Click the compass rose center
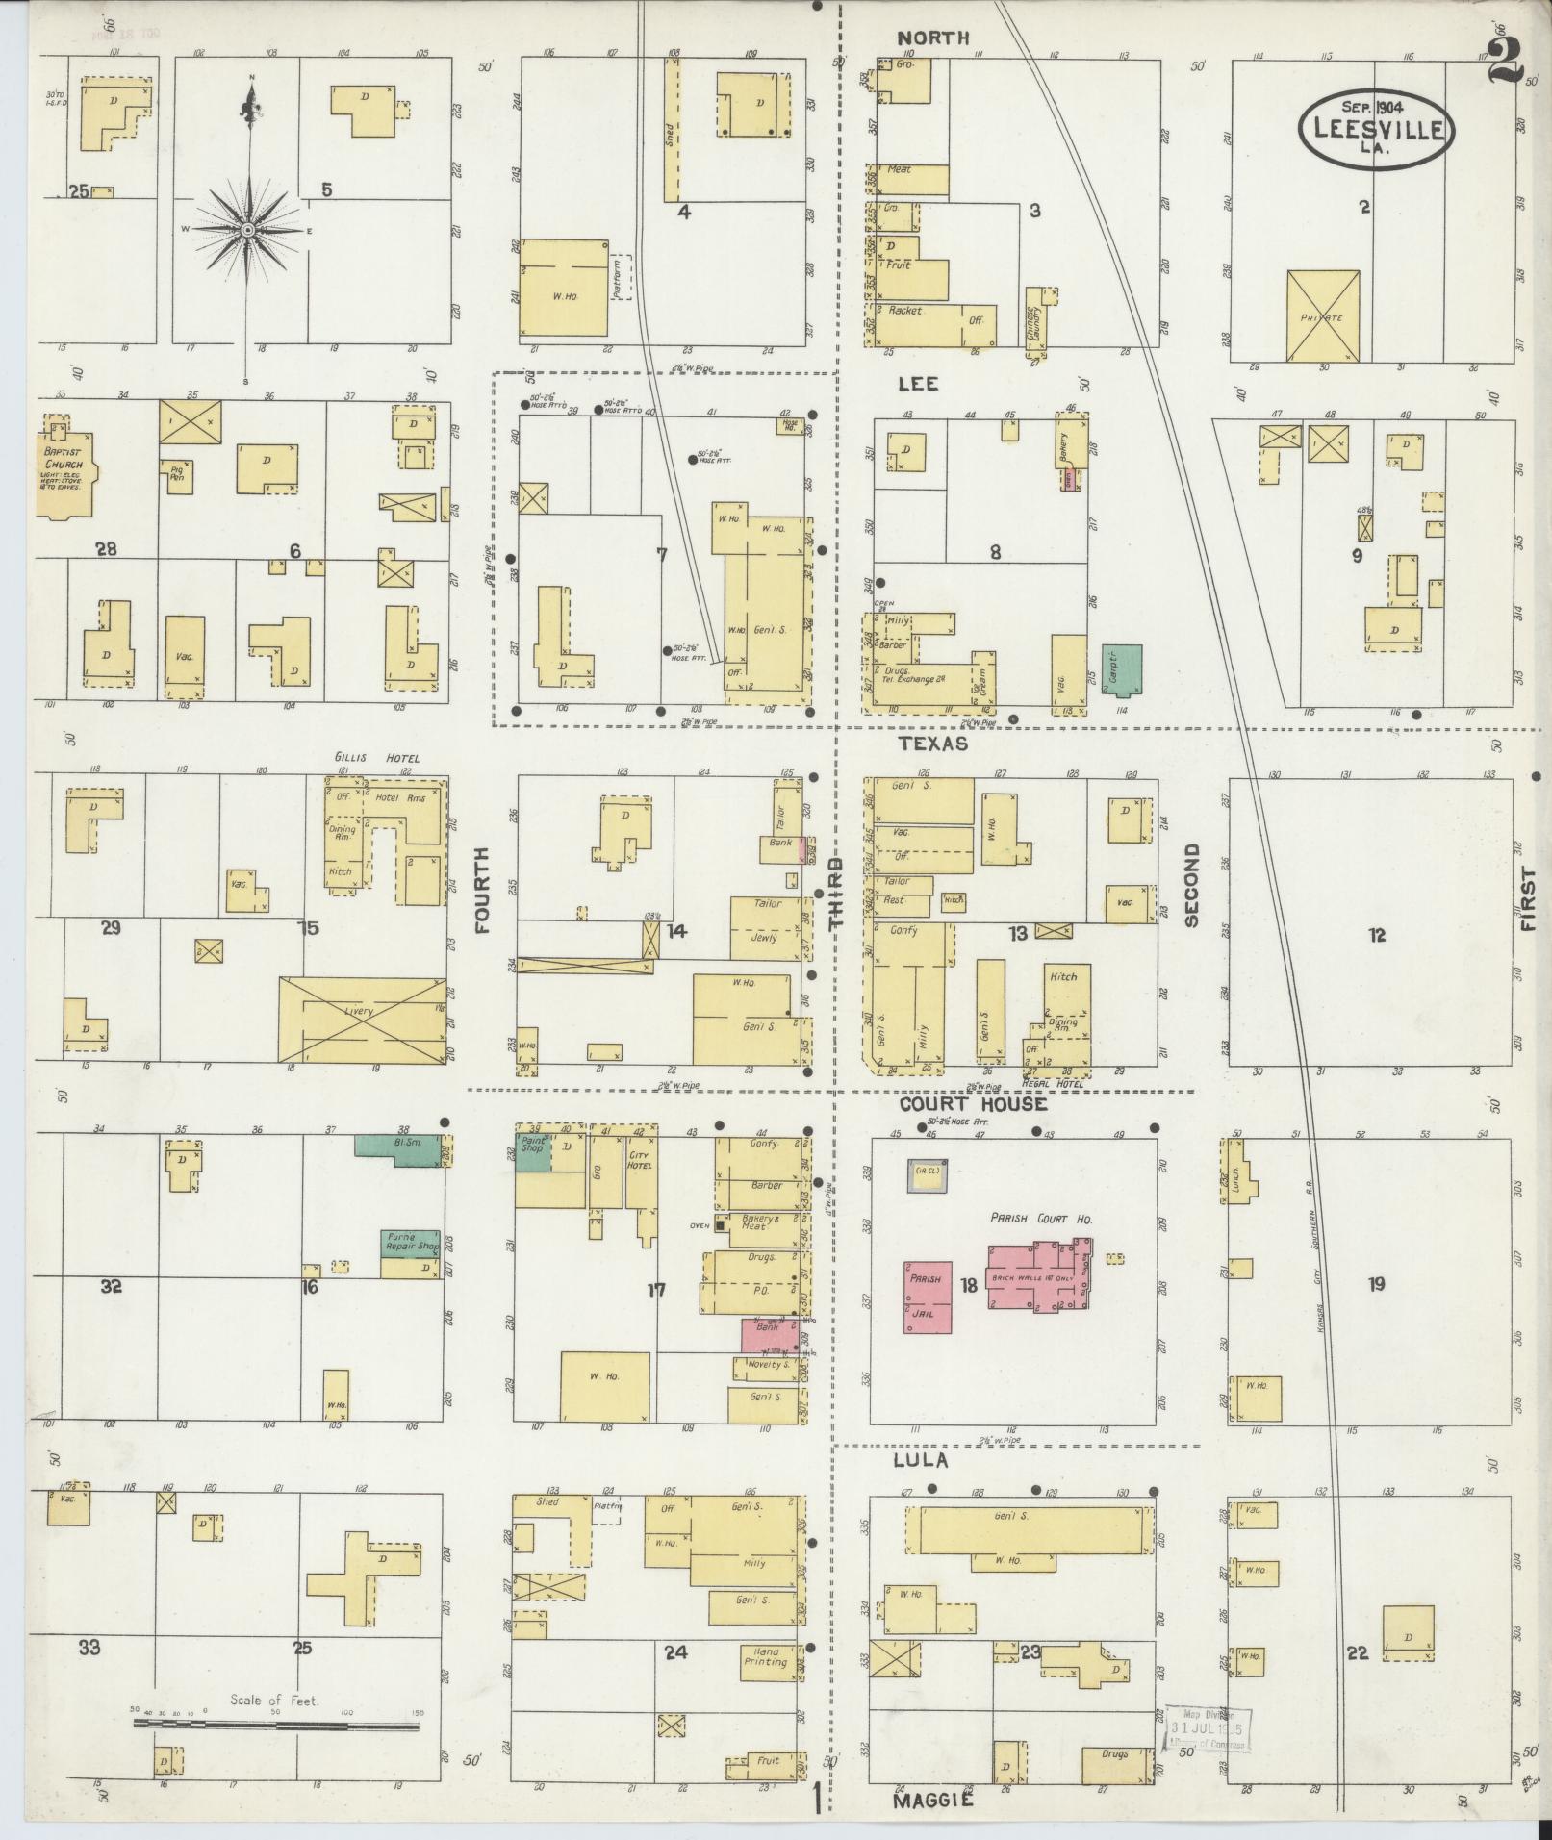point(247,230)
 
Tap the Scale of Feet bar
point(275,1726)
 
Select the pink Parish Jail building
point(928,1298)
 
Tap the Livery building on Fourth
point(363,1020)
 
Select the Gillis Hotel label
point(377,758)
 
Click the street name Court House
point(973,1104)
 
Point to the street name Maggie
point(933,1801)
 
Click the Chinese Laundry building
point(1036,319)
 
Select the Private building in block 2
point(1323,315)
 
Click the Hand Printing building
point(767,1656)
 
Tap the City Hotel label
point(639,1159)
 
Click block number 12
point(1377,934)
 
